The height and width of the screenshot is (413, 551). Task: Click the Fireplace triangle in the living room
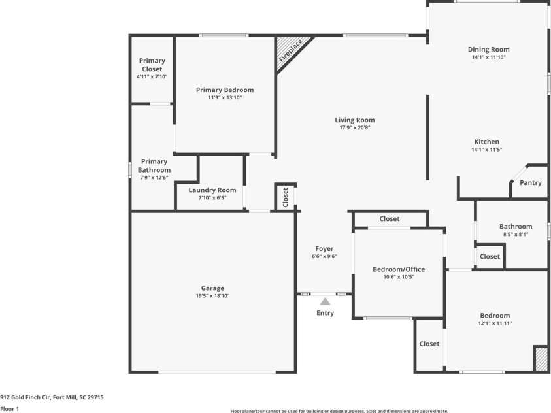point(286,50)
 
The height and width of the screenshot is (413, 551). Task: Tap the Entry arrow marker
point(325,301)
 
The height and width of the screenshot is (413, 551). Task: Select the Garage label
point(212,288)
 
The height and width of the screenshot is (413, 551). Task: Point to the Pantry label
point(531,183)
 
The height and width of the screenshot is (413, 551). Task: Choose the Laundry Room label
point(212,190)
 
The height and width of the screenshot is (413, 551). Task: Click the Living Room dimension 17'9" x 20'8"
point(355,128)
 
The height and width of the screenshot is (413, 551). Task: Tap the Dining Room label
point(488,50)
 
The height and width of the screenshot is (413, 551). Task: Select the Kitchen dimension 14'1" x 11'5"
point(486,150)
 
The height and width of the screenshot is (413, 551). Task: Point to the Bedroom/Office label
point(399,269)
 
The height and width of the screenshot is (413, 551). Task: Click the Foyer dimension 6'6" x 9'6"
point(324,257)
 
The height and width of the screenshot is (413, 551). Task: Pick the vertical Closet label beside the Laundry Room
point(286,197)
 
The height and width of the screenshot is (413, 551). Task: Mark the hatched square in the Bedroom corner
point(541,359)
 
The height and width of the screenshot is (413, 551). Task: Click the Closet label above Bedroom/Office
point(390,219)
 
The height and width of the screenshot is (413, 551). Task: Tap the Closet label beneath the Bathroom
point(490,257)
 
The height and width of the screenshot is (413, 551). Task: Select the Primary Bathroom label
point(154,166)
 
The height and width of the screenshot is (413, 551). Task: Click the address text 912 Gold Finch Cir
point(52,397)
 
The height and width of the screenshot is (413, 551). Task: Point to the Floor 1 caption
point(10,409)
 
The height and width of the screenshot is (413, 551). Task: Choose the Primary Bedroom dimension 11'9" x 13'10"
point(225,98)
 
